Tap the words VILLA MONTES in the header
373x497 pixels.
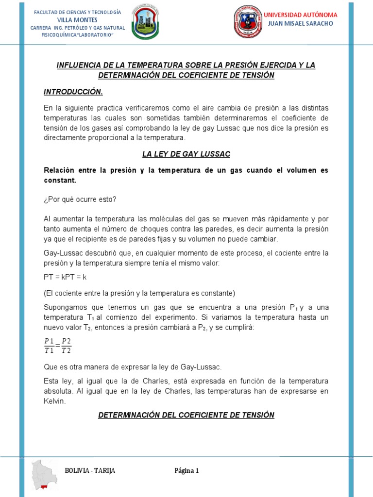[78, 20]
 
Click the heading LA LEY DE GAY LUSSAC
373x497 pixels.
[186, 154]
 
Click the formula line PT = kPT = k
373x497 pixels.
[65, 277]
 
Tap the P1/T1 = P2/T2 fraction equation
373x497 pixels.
[57, 346]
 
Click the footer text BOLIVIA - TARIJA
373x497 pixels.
[90, 471]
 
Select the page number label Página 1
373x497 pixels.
[187, 471]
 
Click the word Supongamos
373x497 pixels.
[65, 307]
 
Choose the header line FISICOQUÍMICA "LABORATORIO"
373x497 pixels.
[78, 35]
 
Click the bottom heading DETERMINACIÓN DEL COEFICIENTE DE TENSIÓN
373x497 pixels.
[186, 415]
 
